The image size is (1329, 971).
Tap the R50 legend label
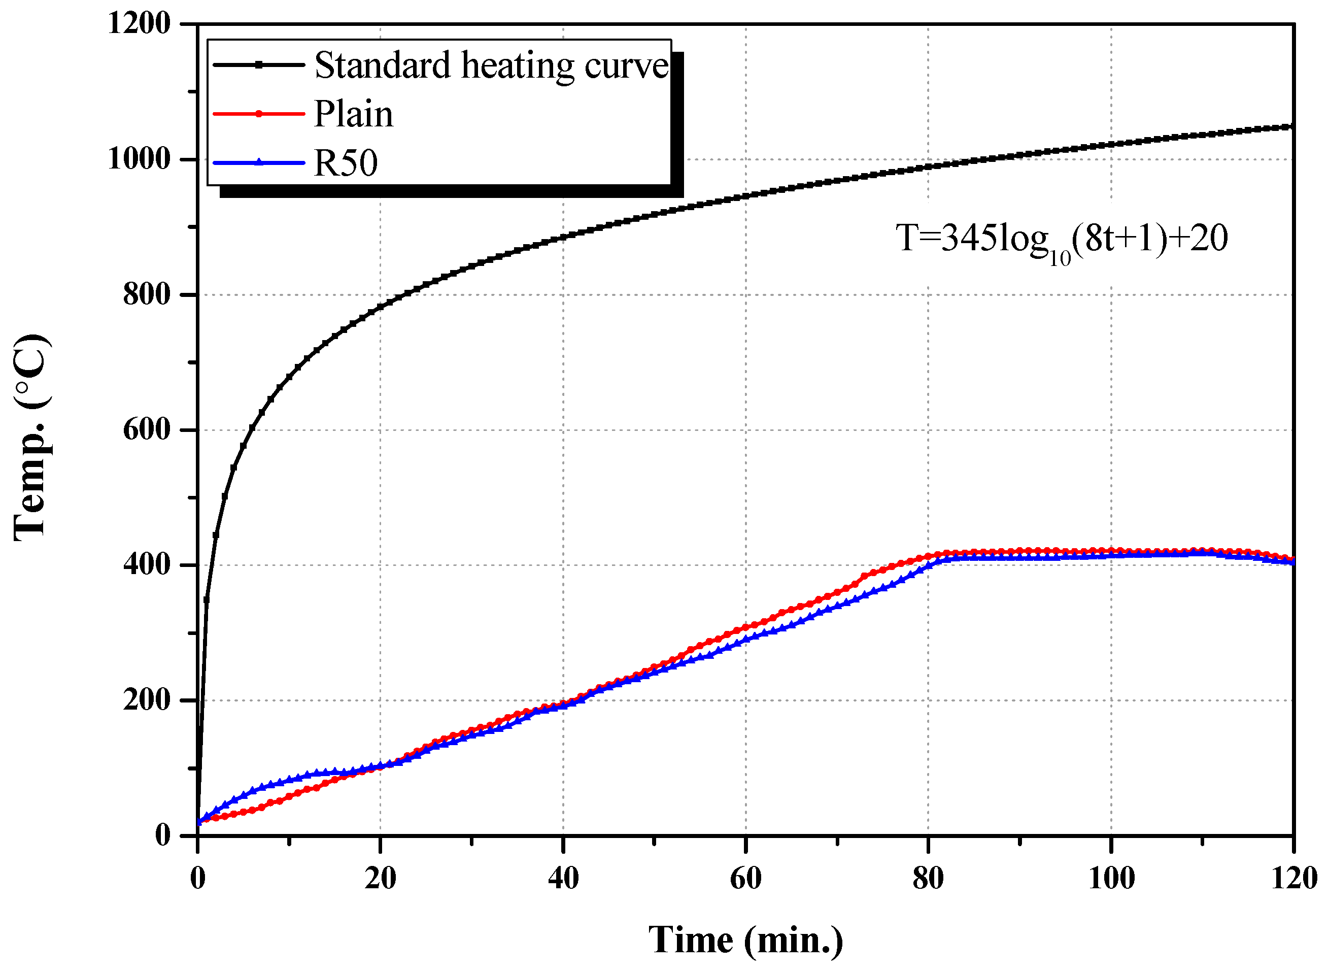346,163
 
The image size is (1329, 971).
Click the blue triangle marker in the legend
258,162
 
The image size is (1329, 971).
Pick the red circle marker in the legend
258,113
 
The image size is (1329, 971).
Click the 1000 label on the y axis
139,159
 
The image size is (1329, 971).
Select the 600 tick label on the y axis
146,429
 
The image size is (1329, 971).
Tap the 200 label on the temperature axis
146,699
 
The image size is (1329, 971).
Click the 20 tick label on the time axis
380,878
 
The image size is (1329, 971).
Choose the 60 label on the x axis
745,878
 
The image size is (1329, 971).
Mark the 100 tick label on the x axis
1111,878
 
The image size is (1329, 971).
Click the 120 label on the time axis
1293,878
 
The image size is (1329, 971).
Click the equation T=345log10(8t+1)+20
1061,240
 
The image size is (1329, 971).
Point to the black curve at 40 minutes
563,238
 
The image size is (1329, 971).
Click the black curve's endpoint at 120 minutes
1292,126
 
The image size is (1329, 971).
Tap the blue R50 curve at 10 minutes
289,781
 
